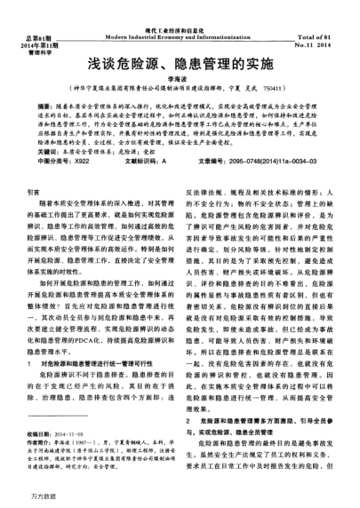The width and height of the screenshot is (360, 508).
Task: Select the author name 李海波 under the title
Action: click(x=180, y=79)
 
